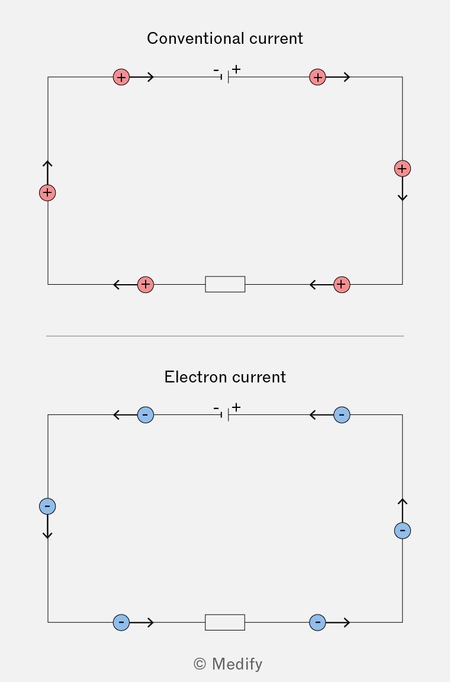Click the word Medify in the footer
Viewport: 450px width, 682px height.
(x=237, y=664)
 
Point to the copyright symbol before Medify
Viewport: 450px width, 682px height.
(x=200, y=664)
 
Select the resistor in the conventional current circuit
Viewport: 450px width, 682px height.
(x=225, y=284)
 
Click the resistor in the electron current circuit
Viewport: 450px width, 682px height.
(x=225, y=622)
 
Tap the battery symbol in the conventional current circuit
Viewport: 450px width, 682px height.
(x=225, y=77)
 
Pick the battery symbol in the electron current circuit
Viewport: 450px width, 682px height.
(x=225, y=415)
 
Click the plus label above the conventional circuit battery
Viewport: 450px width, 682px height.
(x=236, y=69)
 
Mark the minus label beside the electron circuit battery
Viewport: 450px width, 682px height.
(x=216, y=408)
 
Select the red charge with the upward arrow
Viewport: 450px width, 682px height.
(x=47, y=192)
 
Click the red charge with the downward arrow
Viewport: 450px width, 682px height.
(x=403, y=168)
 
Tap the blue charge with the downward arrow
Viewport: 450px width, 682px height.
(x=47, y=506)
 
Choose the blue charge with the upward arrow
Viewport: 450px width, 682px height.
(x=403, y=530)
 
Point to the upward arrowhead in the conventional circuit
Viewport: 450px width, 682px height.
(x=47, y=163)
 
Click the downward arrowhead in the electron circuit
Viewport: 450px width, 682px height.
(x=47, y=535)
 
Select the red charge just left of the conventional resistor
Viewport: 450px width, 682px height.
(x=145, y=284)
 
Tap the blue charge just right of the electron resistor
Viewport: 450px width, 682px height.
(x=318, y=622)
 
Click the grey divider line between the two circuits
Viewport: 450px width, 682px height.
(x=225, y=336)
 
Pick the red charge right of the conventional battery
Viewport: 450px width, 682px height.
(x=318, y=77)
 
